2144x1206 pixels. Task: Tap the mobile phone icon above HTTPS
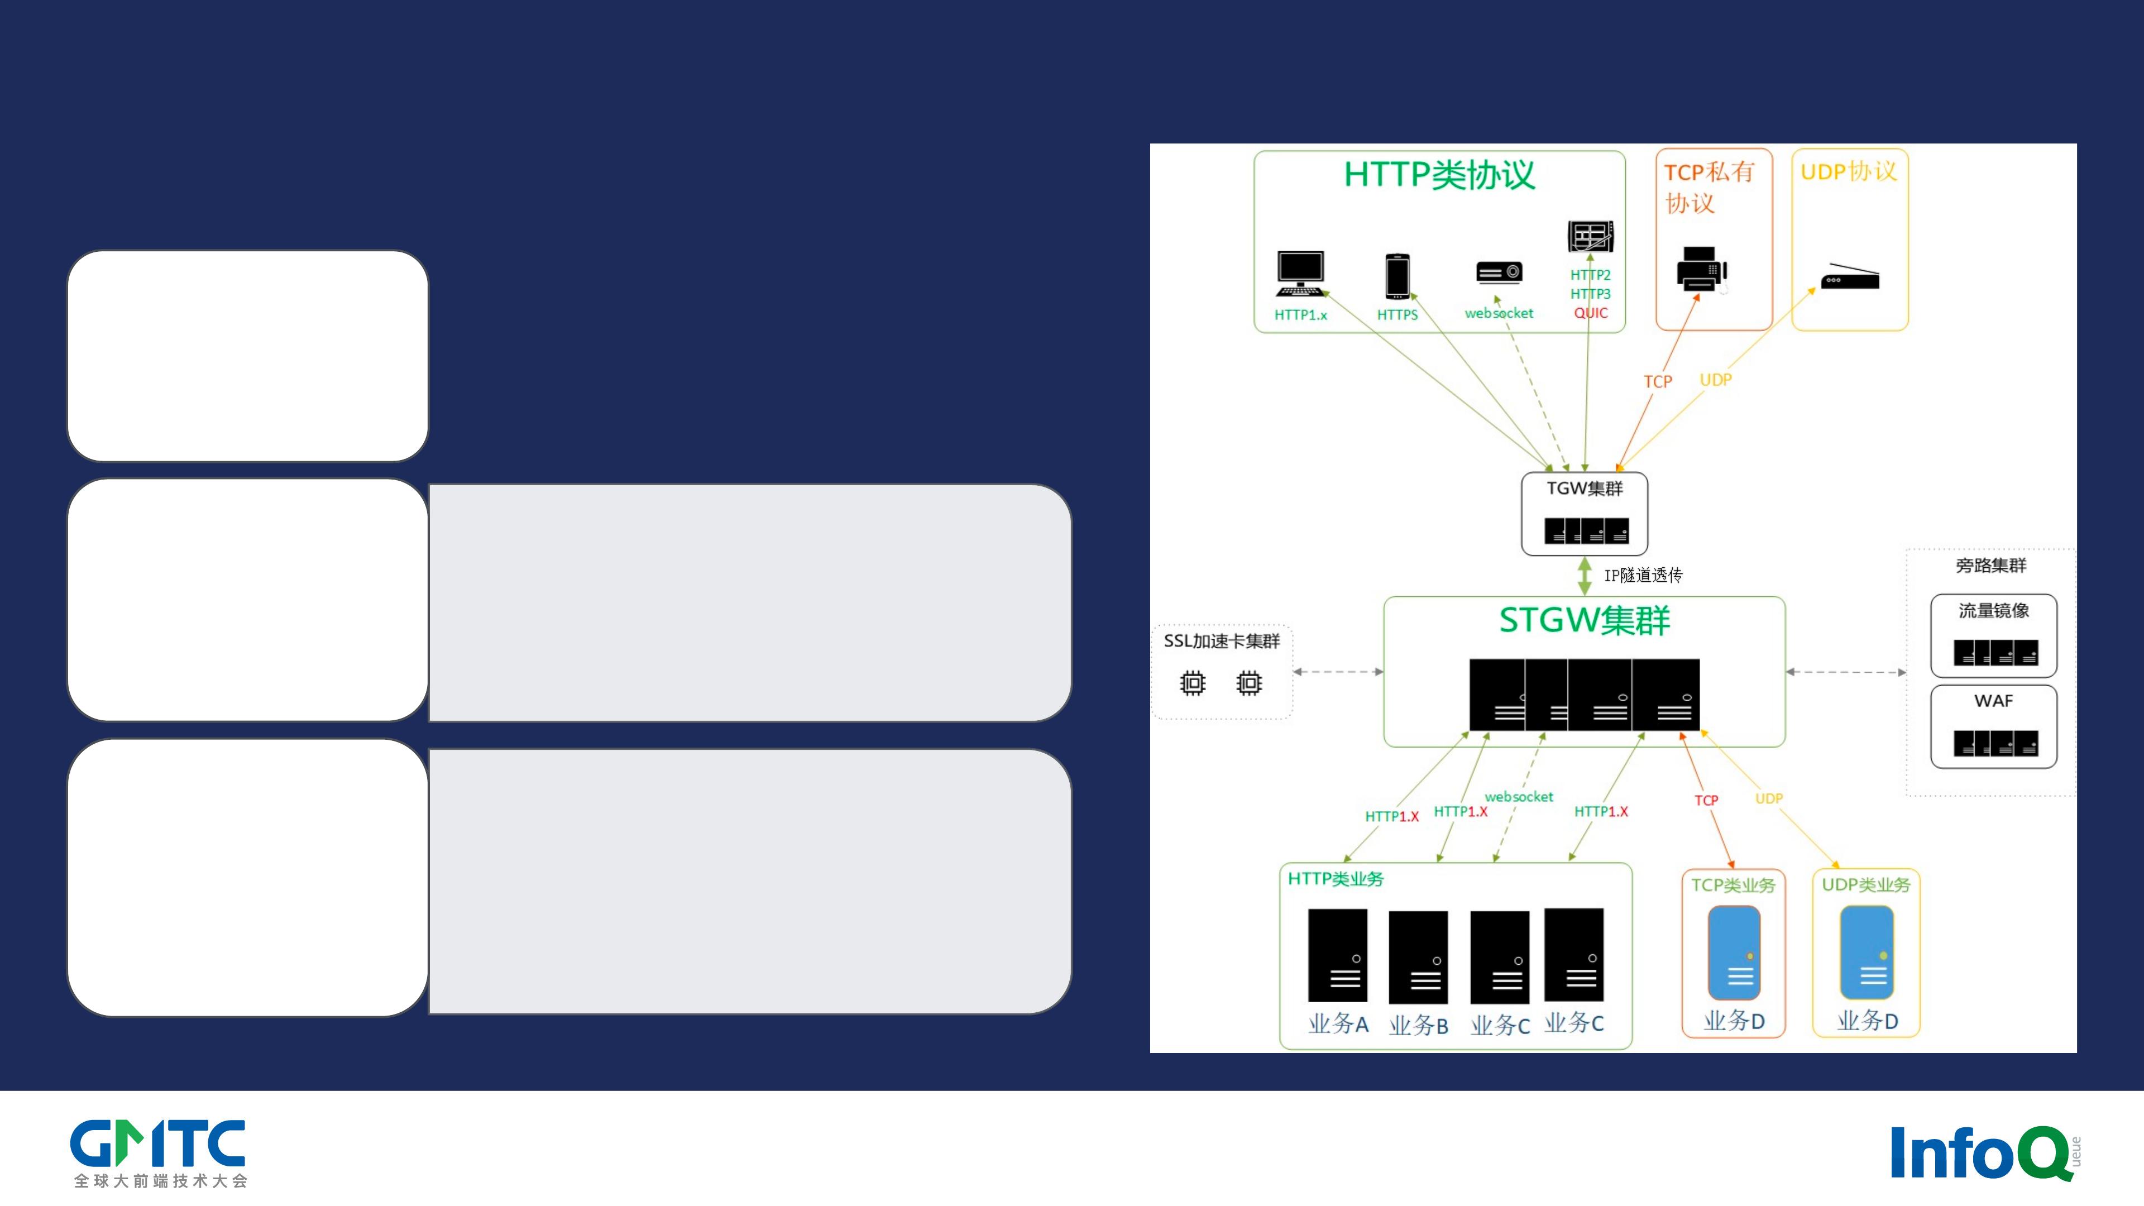(1398, 275)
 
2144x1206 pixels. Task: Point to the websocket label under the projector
(1499, 313)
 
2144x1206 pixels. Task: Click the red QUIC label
(1591, 313)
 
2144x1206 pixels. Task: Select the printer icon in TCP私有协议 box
(1702, 269)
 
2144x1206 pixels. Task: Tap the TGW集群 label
(1585, 489)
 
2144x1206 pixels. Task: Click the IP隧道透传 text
(1643, 575)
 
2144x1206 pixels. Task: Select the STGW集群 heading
(1585, 620)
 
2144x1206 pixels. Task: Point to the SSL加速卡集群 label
(1221, 641)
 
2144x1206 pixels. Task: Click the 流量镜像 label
(1993, 611)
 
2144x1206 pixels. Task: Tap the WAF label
(1993, 701)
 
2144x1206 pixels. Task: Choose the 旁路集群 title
(1991, 566)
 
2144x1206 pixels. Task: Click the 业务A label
(1338, 1024)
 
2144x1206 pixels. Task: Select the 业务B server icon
(1418, 957)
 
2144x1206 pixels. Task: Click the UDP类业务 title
(1866, 885)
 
